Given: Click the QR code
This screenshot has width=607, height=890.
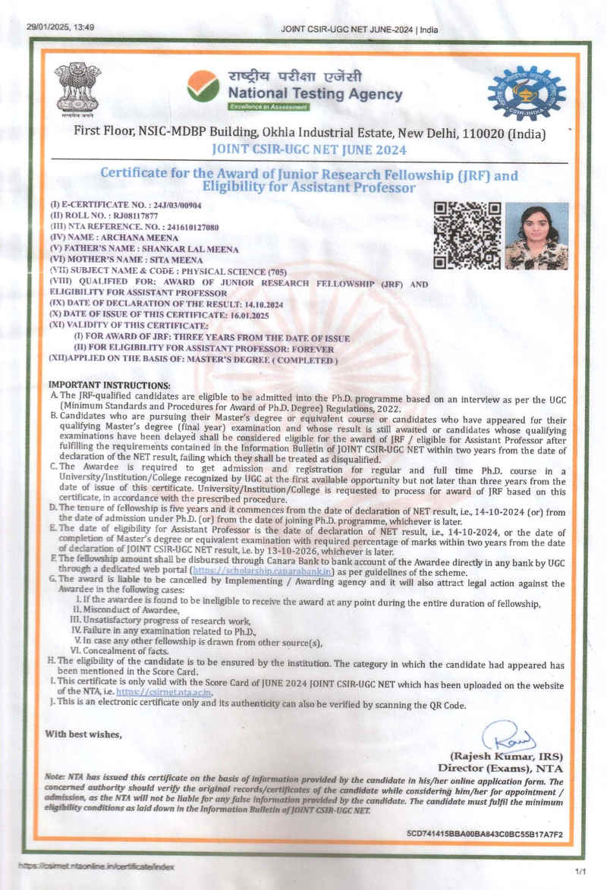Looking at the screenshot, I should [467, 235].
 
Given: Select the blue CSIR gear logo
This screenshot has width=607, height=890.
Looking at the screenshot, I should [526, 93].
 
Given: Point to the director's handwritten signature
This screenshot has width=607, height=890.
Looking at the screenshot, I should [508, 736].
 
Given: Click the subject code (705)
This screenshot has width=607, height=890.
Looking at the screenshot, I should [277, 270].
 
